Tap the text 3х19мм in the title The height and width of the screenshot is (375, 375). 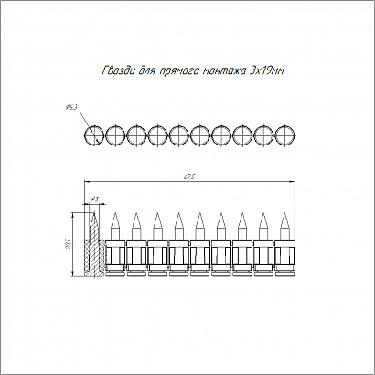[x=266, y=71]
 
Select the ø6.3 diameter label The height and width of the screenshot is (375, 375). [x=71, y=107]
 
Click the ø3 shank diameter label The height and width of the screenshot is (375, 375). [x=95, y=199]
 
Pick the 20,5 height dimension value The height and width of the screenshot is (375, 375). [x=69, y=244]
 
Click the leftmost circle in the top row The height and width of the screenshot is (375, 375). [x=94, y=135]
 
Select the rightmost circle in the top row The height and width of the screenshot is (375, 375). [x=285, y=135]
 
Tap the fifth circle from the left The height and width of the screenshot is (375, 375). [x=179, y=135]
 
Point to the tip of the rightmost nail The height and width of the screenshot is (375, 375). [x=284, y=213]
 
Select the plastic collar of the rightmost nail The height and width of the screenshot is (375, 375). [x=284, y=255]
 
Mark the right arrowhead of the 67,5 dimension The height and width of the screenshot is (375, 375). [x=293, y=182]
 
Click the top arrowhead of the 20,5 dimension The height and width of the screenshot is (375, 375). [x=73, y=215]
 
